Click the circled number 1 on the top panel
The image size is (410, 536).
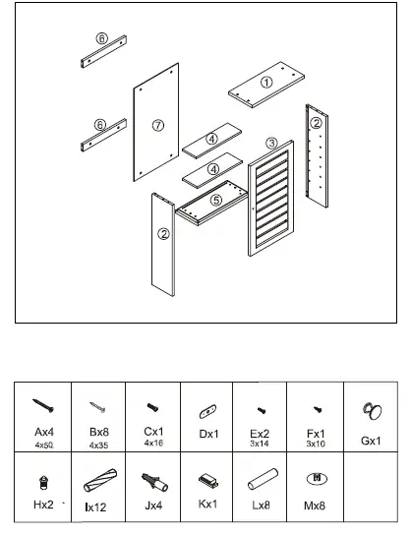[265, 84]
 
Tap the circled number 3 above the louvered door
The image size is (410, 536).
[271, 144]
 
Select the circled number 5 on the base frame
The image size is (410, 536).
[216, 200]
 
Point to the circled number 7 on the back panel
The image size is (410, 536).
[157, 125]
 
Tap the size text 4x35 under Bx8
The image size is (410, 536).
[97, 446]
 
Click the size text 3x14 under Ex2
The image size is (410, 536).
[261, 445]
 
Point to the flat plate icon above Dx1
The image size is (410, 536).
[207, 409]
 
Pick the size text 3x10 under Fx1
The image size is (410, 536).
[315, 445]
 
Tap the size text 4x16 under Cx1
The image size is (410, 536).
[152, 445]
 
